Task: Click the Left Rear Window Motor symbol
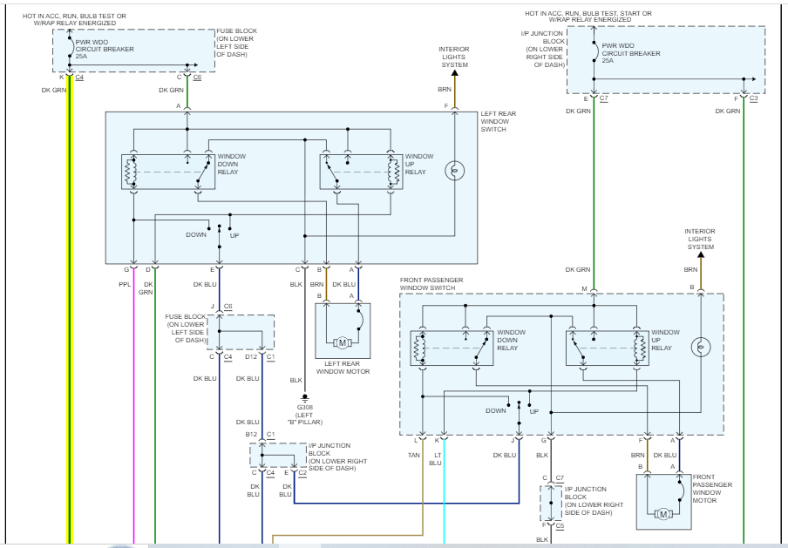343,342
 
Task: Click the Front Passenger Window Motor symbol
663,513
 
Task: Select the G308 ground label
303,407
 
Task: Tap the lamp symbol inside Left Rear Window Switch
454,171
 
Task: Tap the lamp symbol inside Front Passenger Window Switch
699,348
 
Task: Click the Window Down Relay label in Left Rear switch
231,164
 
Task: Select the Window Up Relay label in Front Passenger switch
666,339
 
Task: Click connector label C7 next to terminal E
604,98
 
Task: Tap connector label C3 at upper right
753,98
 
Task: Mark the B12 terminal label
251,434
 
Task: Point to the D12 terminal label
251,356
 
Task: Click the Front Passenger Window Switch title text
431,283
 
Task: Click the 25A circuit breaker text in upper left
82,57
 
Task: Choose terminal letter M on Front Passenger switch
585,288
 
